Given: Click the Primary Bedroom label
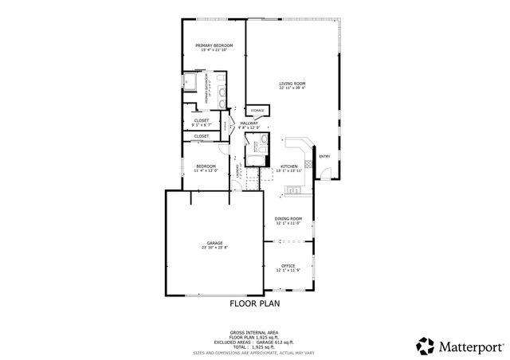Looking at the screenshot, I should pyautogui.click(x=214, y=45).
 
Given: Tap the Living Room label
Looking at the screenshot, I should pyautogui.click(x=292, y=84).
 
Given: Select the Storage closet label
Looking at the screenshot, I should pyautogui.click(x=257, y=110).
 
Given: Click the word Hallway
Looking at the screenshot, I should pyautogui.click(x=249, y=123).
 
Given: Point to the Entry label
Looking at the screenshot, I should pyautogui.click(x=324, y=156).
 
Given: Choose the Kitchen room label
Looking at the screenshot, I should pyautogui.click(x=288, y=166).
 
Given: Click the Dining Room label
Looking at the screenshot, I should pyautogui.click(x=288, y=218).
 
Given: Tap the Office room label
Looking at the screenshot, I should pyautogui.click(x=288, y=265).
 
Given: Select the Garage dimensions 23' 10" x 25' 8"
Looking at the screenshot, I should pyautogui.click(x=214, y=248).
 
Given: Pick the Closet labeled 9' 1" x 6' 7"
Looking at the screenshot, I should pyautogui.click(x=202, y=123).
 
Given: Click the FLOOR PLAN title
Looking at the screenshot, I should pyautogui.click(x=254, y=303).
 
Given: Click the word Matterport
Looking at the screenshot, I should pyautogui.click(x=469, y=346).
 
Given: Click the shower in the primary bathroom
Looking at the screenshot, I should pyautogui.click(x=191, y=83).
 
